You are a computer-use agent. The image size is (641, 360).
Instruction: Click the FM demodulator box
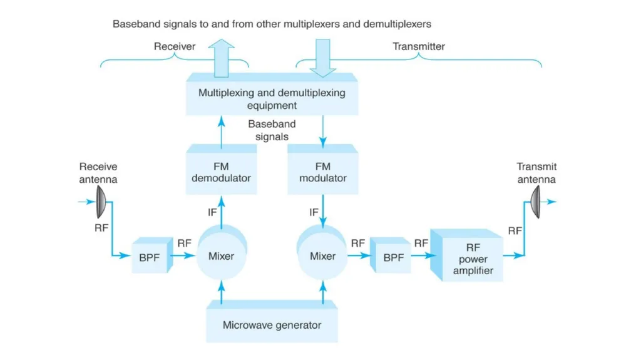[221, 170]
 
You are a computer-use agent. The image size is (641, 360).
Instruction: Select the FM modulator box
[323, 170]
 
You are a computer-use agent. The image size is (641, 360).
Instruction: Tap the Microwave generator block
[272, 322]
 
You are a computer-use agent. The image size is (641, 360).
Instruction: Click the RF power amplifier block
[466, 255]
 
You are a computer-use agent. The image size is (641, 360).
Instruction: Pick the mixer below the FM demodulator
[222, 252]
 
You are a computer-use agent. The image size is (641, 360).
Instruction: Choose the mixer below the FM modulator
[322, 252]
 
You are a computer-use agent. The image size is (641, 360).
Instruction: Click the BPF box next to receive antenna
[152, 255]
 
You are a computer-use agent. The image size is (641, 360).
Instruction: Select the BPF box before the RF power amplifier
[391, 255]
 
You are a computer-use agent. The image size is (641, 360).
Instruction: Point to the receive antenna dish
[101, 202]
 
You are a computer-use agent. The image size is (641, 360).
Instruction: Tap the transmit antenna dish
[536, 202]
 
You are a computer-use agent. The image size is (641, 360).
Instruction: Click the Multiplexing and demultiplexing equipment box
[272, 95]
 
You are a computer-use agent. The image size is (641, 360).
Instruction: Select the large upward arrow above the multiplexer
[221, 58]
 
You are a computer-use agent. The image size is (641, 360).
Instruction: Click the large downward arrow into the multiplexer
[323, 58]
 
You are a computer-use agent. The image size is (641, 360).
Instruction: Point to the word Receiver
[175, 46]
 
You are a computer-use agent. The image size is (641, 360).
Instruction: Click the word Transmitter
[419, 46]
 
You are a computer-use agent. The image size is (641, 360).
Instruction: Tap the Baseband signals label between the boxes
[272, 130]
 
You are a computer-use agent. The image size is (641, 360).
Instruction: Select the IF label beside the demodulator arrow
[212, 212]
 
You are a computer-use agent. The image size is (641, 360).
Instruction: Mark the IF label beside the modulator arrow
[314, 212]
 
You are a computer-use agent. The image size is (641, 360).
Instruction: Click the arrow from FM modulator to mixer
[323, 211]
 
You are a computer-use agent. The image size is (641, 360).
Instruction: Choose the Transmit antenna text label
[536, 173]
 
